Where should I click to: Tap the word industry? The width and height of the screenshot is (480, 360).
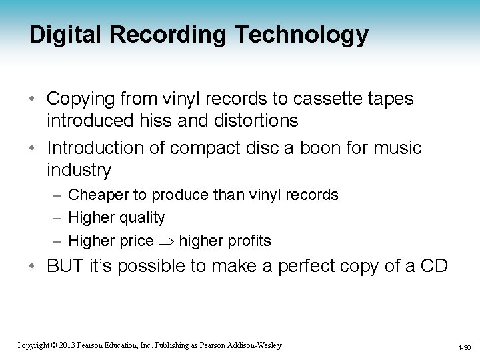tap(79, 170)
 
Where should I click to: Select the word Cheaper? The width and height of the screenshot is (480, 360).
tap(97, 195)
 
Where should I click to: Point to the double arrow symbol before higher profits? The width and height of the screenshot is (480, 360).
tap(166, 240)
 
